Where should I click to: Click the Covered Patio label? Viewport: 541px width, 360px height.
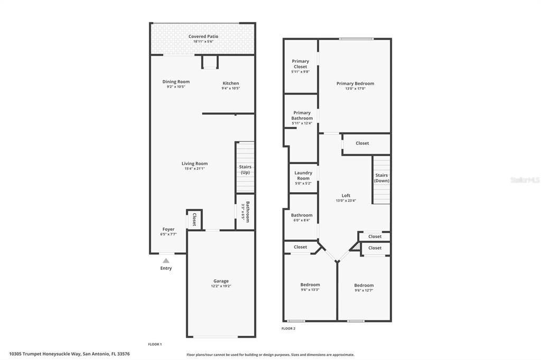(x=203, y=36)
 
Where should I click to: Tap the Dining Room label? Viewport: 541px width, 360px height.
(x=176, y=82)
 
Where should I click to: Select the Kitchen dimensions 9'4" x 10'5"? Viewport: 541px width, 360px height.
(x=230, y=88)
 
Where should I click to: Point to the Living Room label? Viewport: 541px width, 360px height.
(x=194, y=164)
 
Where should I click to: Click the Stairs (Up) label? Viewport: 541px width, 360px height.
(x=245, y=169)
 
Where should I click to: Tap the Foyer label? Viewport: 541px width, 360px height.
(x=168, y=229)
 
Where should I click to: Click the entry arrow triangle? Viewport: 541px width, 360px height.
(x=166, y=260)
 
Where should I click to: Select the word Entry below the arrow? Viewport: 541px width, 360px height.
(x=166, y=268)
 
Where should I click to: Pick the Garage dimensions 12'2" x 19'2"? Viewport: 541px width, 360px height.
(x=221, y=286)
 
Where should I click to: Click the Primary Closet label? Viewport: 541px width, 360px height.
(x=301, y=64)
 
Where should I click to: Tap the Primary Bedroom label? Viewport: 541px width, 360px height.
(x=355, y=83)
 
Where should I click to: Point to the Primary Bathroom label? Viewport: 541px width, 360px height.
(x=302, y=115)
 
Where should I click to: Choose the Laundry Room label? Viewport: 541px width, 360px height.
(x=303, y=175)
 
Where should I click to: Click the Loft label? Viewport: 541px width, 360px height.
(x=346, y=195)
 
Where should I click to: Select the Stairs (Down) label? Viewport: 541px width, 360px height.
(x=381, y=178)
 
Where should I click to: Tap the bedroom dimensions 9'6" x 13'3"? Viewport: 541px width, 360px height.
(x=310, y=290)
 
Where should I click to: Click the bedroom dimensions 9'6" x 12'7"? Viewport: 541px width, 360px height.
(x=364, y=290)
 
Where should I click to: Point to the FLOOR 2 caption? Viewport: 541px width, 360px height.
(x=288, y=328)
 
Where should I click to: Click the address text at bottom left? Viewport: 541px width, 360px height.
(x=69, y=354)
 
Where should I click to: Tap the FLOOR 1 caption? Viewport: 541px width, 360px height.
(x=154, y=344)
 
